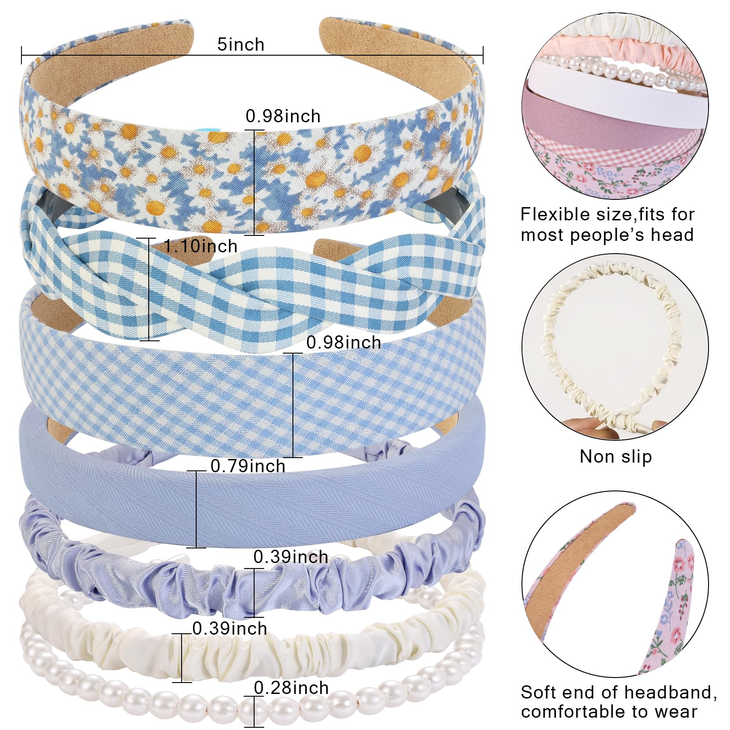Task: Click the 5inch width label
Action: click(x=240, y=45)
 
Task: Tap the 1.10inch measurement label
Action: click(x=201, y=246)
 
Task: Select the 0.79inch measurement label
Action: click(x=248, y=466)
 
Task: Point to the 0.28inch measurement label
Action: click(x=291, y=688)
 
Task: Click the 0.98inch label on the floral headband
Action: click(x=283, y=116)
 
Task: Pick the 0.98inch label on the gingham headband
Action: click(x=344, y=343)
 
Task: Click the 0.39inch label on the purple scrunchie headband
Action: click(x=291, y=557)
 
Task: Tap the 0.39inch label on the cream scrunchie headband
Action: click(x=229, y=629)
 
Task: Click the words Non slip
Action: click(x=615, y=457)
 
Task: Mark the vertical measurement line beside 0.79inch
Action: click(x=197, y=509)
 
